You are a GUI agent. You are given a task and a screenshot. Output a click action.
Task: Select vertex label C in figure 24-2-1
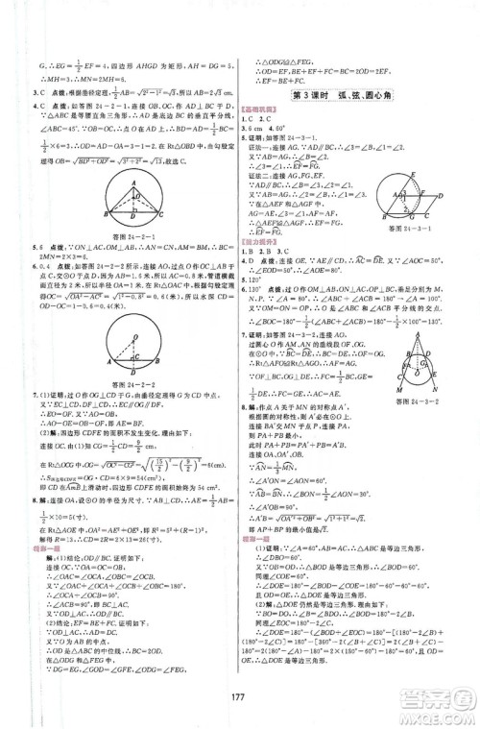click(x=169, y=210)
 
